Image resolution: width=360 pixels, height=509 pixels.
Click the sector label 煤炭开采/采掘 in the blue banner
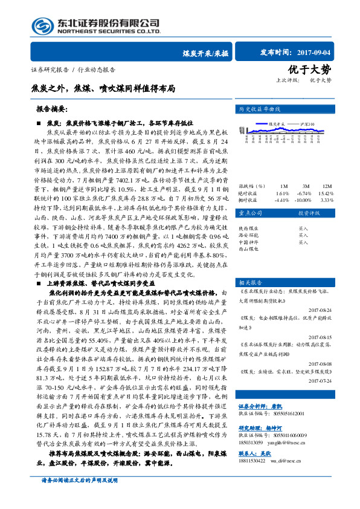[x=205, y=53]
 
